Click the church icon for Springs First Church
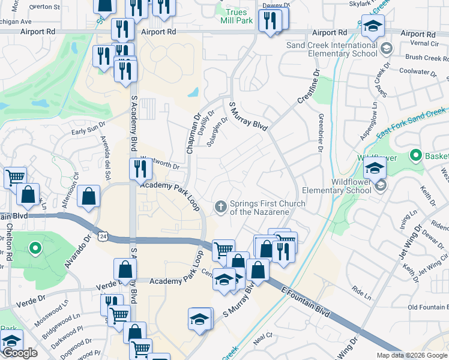221,207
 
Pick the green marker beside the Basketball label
415,155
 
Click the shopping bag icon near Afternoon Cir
88,196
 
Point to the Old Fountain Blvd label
427,307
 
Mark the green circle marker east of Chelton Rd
35,247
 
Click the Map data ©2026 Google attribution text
411,355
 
